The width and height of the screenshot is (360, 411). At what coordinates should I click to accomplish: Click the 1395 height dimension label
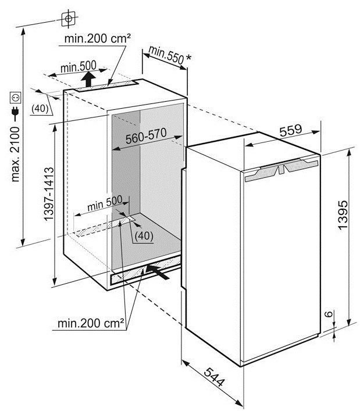343,215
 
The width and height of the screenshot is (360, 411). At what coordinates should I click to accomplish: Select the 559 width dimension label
291,130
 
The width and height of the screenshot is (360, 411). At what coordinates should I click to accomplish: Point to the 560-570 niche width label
146,135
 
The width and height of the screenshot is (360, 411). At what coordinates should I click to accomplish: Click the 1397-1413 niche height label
49,194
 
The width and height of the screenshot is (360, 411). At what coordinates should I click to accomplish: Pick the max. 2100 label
15,155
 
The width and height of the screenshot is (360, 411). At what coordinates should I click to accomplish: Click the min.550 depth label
166,55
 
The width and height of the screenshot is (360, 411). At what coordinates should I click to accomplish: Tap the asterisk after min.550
188,58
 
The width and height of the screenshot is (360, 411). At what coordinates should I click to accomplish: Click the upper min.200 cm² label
98,39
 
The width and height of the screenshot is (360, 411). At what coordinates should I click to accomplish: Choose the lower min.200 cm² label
91,323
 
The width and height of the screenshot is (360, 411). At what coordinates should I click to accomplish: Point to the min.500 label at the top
79,67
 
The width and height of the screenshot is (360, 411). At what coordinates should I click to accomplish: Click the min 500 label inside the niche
105,203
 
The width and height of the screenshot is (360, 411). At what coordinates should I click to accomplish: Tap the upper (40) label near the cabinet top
40,108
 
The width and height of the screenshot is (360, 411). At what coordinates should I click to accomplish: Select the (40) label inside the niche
144,235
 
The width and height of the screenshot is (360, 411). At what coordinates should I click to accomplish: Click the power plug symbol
15,113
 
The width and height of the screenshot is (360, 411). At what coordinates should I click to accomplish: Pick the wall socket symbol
15,98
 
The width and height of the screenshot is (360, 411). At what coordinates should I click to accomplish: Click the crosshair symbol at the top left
69,19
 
